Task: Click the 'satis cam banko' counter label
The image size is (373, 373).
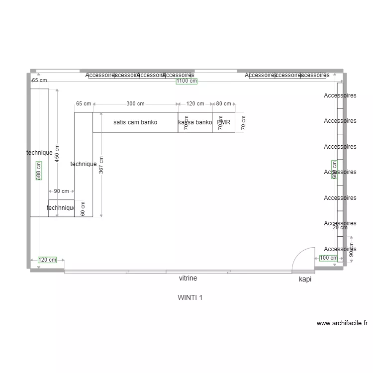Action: click(x=135, y=122)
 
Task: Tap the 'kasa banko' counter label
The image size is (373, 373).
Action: click(x=195, y=122)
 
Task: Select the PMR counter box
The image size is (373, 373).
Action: click(x=224, y=122)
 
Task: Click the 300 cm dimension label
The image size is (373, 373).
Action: click(x=135, y=104)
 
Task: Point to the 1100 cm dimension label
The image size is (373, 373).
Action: click(x=186, y=81)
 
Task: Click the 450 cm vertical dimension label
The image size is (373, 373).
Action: click(x=57, y=153)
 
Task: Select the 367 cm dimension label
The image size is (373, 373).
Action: click(x=101, y=165)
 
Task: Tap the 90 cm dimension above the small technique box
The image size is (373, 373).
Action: click(x=61, y=191)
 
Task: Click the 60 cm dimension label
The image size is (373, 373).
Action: click(x=83, y=208)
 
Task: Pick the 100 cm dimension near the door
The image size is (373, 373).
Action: click(x=328, y=258)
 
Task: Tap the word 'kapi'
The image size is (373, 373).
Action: click(x=305, y=280)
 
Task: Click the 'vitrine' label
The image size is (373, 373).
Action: click(x=188, y=279)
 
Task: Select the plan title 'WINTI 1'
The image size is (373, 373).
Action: click(x=190, y=298)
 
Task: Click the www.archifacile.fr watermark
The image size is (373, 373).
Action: click(x=342, y=323)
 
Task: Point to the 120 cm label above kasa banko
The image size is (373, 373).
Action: click(x=195, y=104)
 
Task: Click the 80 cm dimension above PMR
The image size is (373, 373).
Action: click(x=223, y=104)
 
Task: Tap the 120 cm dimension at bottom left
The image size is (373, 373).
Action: click(x=48, y=260)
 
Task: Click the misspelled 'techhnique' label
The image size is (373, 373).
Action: click(x=61, y=208)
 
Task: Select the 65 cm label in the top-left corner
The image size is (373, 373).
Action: click(x=39, y=80)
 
